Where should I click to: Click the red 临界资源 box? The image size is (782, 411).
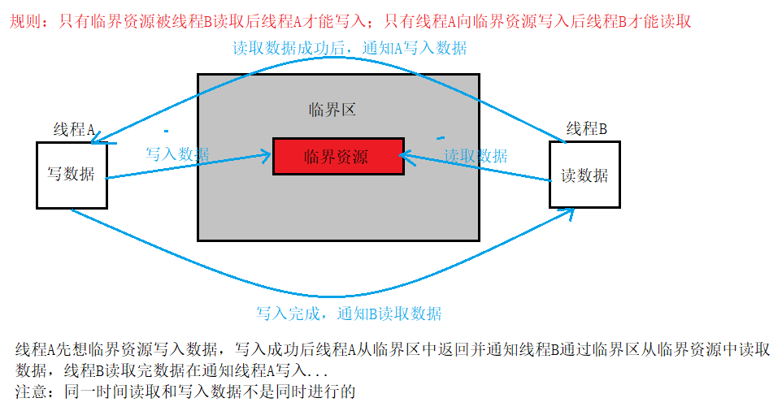337,156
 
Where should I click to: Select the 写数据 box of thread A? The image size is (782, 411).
71,175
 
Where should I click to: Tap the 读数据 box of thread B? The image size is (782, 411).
584,175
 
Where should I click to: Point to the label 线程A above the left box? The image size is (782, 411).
74,129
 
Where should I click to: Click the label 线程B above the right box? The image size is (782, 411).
586,128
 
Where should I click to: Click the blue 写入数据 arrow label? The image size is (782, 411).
177,154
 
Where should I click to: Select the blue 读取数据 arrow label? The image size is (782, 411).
476,155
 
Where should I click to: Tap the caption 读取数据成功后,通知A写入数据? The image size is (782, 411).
350,48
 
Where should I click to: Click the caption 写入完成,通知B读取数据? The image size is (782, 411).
350,314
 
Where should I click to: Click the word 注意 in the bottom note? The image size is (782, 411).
32,392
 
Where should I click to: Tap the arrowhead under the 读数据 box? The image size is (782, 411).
569,213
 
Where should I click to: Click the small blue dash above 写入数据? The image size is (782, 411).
166,130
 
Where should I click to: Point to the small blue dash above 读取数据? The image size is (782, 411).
441,137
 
